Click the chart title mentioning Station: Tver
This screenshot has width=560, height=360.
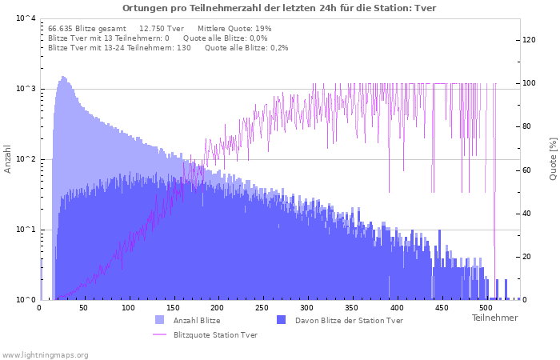coord(279,8)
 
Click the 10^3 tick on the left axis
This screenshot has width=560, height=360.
coord(26,88)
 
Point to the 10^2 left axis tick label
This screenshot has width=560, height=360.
coord(26,158)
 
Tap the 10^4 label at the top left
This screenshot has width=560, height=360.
coord(26,18)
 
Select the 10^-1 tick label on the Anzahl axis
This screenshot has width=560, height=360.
coord(26,229)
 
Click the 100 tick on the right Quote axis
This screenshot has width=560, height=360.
coord(529,83)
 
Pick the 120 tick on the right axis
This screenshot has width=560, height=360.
coord(529,40)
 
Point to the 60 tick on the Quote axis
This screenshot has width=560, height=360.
coord(526,170)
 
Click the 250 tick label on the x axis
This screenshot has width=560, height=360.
coord(262,307)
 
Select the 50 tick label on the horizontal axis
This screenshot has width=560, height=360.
coord(83,307)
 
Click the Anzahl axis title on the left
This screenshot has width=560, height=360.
coord(7,159)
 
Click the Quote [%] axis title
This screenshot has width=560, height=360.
coord(553,159)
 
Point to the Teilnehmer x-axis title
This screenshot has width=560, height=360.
coord(494,318)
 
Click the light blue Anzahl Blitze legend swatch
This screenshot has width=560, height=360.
coord(160,320)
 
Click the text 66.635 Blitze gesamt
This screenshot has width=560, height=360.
coord(87,29)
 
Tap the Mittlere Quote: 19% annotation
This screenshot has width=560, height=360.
coord(234,29)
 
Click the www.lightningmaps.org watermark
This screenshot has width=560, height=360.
coord(45,355)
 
